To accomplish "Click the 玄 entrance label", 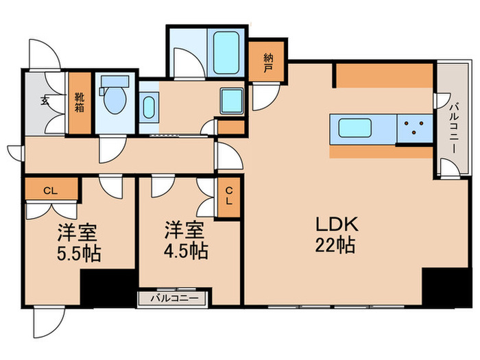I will [45, 101].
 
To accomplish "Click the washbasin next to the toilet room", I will [149, 107].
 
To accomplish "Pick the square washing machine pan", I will [232, 101].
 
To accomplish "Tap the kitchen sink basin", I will [353, 129].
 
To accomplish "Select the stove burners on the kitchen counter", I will [414, 129].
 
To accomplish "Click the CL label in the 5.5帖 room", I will [50, 191].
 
